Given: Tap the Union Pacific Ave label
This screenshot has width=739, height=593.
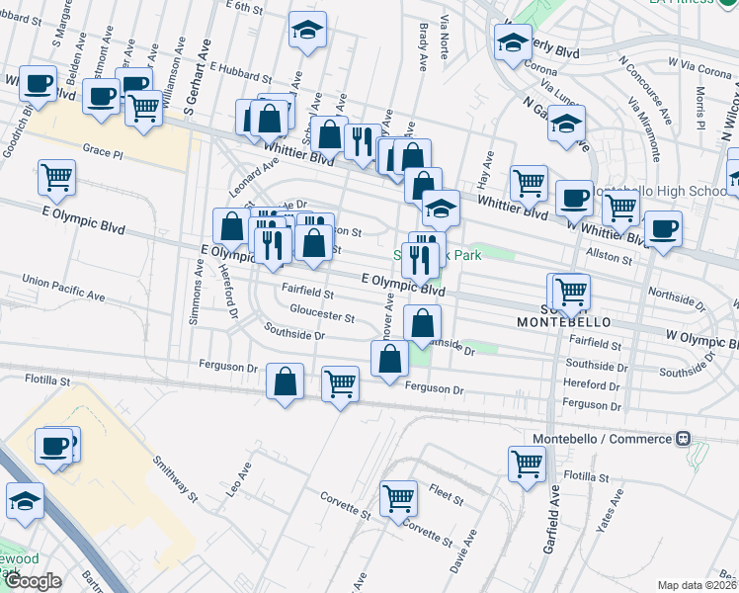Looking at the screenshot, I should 63,289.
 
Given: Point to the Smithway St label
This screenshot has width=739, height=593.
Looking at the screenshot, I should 175,475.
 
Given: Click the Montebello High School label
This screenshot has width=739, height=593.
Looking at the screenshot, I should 657,192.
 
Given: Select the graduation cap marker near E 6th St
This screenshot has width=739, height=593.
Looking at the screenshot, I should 307,31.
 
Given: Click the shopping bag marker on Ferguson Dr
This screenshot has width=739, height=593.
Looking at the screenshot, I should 286,382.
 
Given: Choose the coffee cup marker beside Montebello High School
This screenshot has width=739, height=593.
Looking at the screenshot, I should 573,199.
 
